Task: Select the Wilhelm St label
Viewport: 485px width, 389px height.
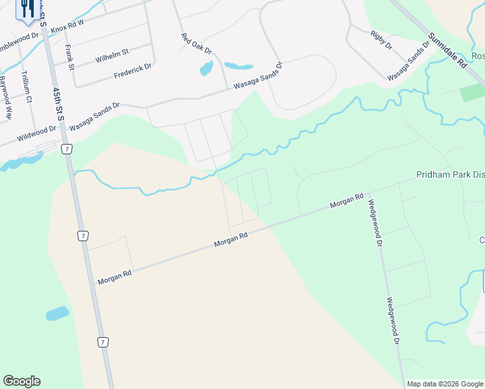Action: pyautogui.click(x=112, y=53)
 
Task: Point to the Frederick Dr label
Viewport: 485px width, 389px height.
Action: pyautogui.click(x=132, y=71)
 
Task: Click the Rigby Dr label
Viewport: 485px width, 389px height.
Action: pyautogui.click(x=381, y=40)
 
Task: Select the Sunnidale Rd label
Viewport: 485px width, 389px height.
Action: pyautogui.click(x=447, y=52)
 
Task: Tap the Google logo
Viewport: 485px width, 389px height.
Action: pyautogui.click(x=21, y=381)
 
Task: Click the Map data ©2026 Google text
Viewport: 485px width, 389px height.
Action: pyautogui.click(x=445, y=384)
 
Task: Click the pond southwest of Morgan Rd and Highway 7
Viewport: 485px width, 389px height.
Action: pyautogui.click(x=57, y=314)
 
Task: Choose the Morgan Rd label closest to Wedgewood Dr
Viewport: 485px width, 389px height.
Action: pyautogui.click(x=347, y=201)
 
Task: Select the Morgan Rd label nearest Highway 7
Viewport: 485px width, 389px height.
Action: pyautogui.click(x=114, y=277)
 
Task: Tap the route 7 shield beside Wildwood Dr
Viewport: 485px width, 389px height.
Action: pyautogui.click(x=66, y=150)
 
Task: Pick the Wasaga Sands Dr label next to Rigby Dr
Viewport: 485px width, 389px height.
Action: pyautogui.click(x=408, y=62)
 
